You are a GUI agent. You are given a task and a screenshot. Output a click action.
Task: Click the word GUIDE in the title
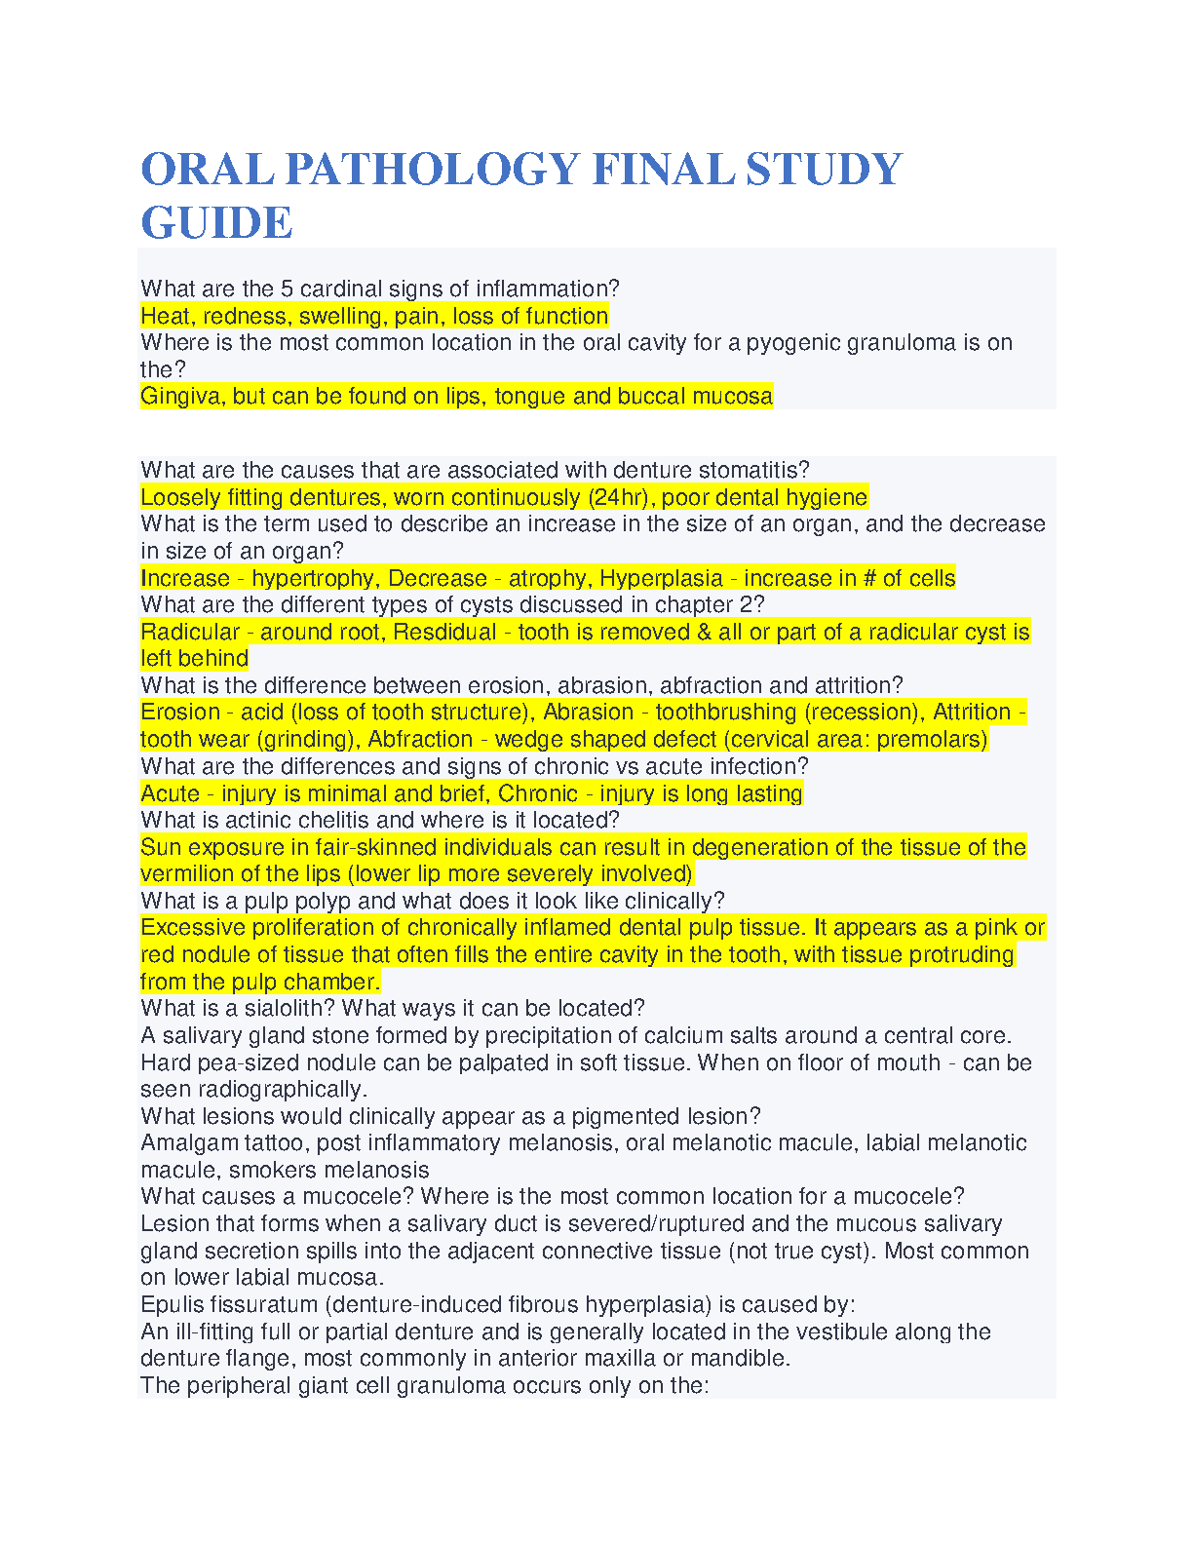point(216,222)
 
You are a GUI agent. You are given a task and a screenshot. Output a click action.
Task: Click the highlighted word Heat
point(167,316)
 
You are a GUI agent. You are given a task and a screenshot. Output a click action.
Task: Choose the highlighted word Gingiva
point(182,397)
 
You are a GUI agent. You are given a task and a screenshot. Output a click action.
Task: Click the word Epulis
point(172,1305)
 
